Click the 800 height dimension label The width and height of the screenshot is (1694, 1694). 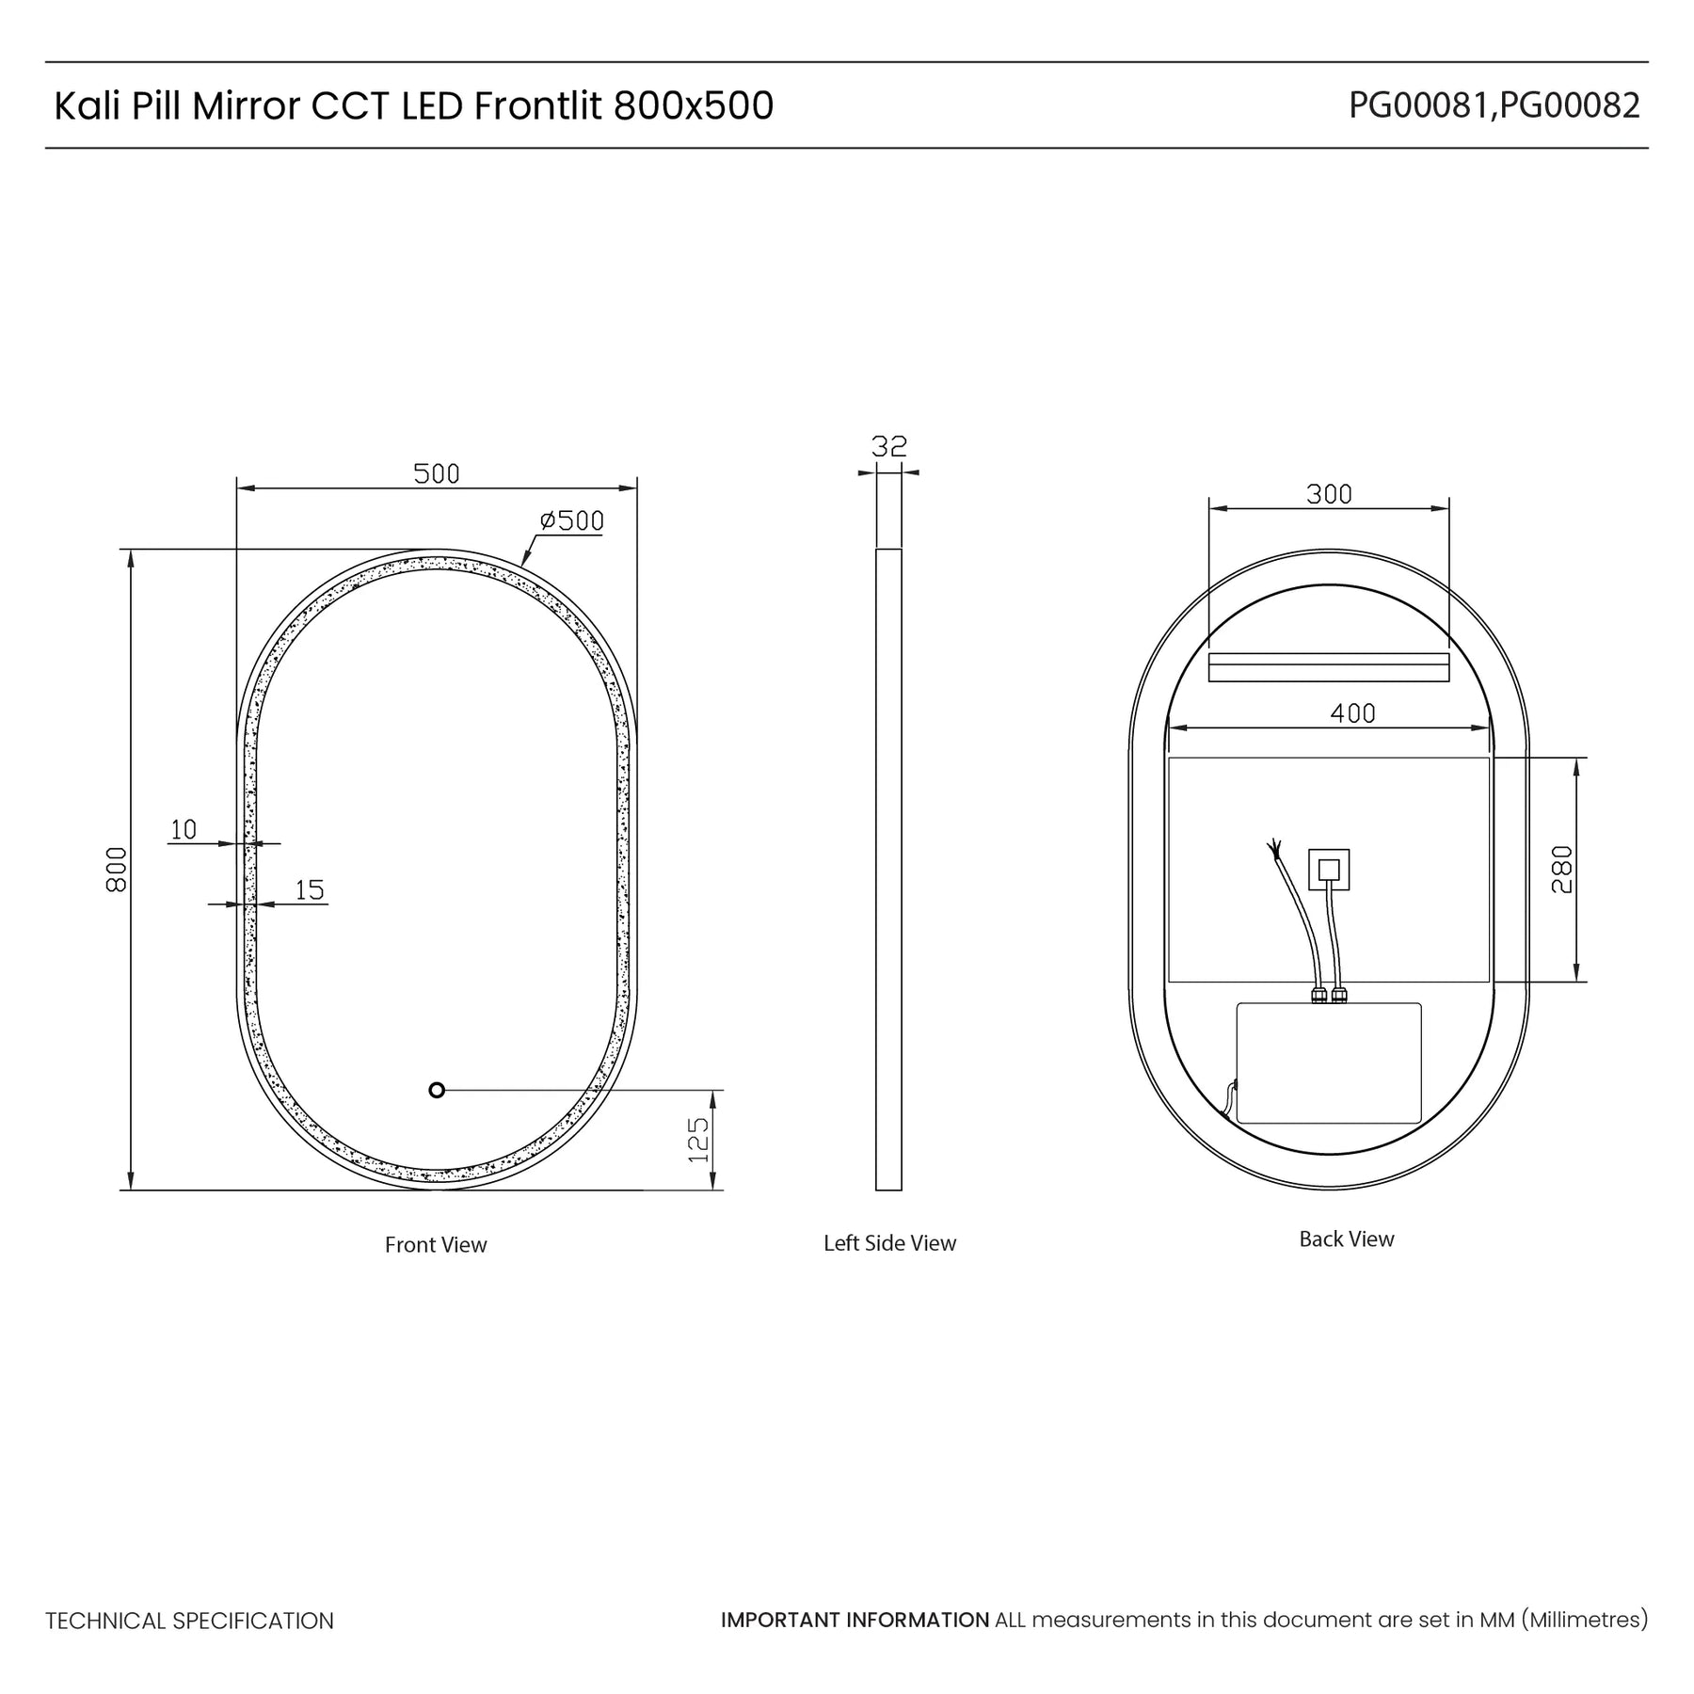(117, 870)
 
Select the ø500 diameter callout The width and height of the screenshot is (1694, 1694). (571, 521)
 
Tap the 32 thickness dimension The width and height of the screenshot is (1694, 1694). (889, 446)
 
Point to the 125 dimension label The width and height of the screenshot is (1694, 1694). (698, 1140)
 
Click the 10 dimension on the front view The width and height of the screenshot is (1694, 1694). (184, 829)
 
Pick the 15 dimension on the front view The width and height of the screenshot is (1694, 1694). (310, 889)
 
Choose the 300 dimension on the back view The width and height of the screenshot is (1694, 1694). (1329, 494)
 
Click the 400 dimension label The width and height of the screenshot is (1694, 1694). (1352, 713)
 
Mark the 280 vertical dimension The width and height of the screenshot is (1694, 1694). (1561, 870)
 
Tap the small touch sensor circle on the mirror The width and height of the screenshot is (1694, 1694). (436, 1090)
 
